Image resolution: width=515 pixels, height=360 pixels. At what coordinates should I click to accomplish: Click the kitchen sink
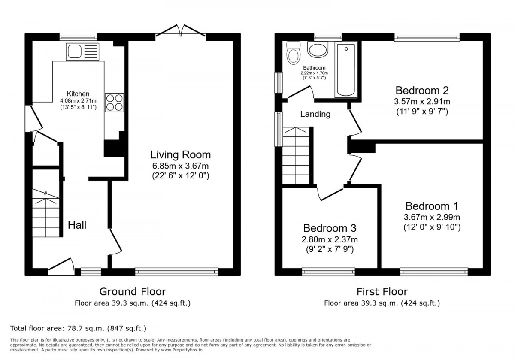point(82,52)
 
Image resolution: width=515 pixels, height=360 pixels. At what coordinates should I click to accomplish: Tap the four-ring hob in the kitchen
point(115,103)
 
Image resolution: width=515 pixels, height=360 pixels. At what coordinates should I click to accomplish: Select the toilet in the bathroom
point(294,53)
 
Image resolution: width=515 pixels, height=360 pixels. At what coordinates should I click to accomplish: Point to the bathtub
point(346,70)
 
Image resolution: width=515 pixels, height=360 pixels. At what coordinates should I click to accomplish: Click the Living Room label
point(181,155)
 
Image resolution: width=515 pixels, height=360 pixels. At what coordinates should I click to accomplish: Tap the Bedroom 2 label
point(422,91)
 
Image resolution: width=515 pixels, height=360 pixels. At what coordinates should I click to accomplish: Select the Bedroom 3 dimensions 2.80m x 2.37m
point(330,239)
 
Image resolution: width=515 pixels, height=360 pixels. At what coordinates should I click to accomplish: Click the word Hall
point(77,225)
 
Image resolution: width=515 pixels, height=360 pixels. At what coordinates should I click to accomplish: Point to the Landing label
point(315,114)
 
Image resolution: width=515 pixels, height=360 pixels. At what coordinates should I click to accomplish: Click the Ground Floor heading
point(133,292)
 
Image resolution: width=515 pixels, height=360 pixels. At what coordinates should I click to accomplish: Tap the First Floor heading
point(382,292)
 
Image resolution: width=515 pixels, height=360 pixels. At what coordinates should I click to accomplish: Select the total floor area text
point(78,328)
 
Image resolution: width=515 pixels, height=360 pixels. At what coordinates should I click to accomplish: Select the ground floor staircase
point(46,213)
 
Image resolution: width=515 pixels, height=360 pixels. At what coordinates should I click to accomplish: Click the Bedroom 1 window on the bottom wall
point(434,272)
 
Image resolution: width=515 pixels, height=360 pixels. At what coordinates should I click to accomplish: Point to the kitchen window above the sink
point(78,37)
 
